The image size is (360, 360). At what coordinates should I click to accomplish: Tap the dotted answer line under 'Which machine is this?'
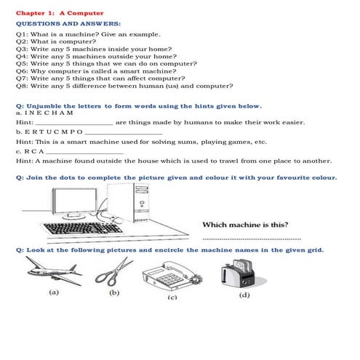pyautogui.click(x=251, y=238)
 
